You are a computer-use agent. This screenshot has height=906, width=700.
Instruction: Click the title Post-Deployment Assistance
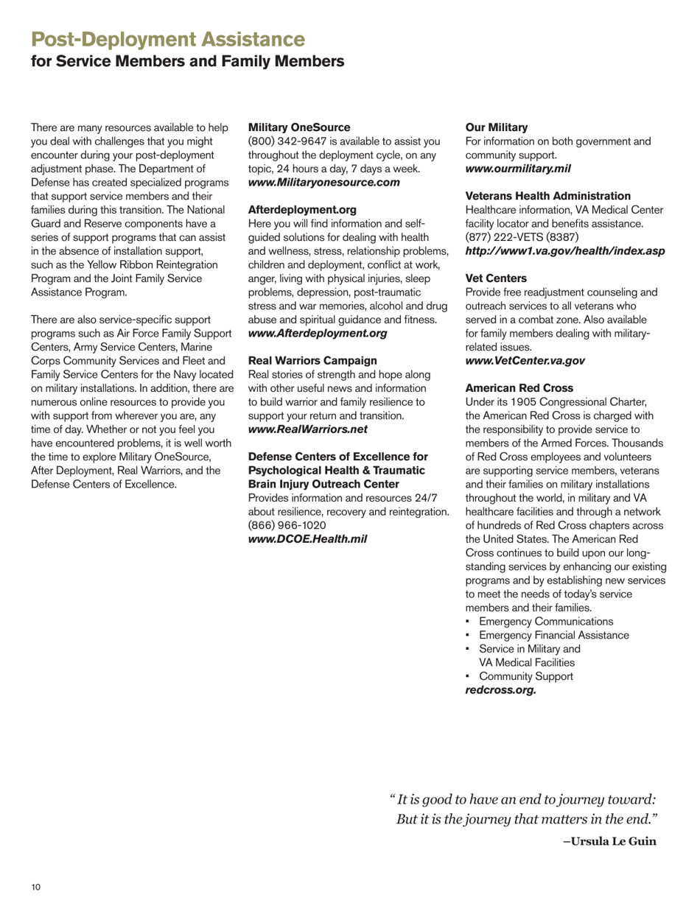point(168,38)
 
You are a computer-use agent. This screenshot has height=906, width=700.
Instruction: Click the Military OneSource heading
point(289,127)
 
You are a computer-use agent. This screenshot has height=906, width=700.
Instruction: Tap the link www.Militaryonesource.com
point(324,181)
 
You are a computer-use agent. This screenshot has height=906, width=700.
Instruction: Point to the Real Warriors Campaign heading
point(303,360)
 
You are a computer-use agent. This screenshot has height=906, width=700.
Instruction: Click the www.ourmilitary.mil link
point(518,168)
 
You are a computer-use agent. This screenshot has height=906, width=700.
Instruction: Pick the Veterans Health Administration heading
point(548,196)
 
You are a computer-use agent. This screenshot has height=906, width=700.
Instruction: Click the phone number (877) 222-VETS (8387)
point(522,237)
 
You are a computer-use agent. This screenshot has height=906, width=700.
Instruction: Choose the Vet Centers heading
point(496,278)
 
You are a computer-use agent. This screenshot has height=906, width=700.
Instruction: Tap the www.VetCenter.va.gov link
point(525,360)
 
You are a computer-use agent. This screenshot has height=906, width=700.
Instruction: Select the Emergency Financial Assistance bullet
point(553,635)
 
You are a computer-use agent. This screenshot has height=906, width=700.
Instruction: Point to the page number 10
point(35,888)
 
